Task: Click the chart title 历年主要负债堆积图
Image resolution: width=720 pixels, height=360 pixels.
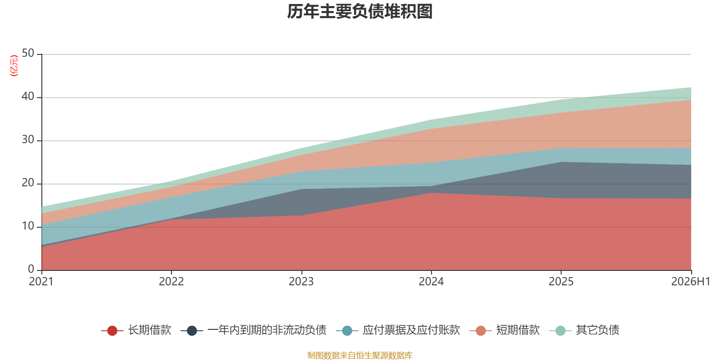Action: (x=360, y=12)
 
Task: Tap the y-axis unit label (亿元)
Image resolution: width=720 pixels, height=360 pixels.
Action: (x=14, y=66)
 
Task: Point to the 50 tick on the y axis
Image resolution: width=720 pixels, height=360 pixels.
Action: (x=28, y=53)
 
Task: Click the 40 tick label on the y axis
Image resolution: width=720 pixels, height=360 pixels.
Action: (x=28, y=96)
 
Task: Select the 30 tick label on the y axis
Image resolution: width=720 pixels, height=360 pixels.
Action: (x=28, y=139)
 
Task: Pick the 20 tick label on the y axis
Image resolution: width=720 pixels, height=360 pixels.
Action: (x=28, y=183)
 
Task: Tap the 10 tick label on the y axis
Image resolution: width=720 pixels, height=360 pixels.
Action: (x=28, y=226)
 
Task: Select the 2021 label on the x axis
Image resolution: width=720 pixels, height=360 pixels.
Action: (x=41, y=282)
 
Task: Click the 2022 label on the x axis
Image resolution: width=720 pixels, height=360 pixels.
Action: (x=171, y=282)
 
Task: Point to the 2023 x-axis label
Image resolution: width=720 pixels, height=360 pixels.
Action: (x=301, y=282)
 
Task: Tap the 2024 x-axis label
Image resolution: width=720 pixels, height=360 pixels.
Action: (x=431, y=282)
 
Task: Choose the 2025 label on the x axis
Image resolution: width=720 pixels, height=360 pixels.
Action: (x=561, y=282)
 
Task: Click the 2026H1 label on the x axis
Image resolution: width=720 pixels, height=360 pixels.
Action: (x=690, y=282)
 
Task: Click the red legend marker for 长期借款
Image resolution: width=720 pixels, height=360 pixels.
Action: (x=112, y=330)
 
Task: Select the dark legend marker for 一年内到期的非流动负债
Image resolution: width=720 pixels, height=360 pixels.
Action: (x=192, y=330)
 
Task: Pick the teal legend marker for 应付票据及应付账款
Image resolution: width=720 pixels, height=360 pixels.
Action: (x=347, y=330)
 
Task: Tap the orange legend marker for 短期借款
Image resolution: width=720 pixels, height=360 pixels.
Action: (x=481, y=330)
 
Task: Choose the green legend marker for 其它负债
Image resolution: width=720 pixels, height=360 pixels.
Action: (x=561, y=330)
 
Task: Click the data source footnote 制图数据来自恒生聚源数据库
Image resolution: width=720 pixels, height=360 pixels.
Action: (x=360, y=355)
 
